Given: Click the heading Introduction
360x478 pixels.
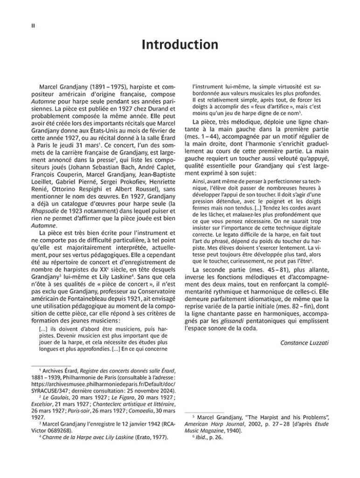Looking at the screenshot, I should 180,45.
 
